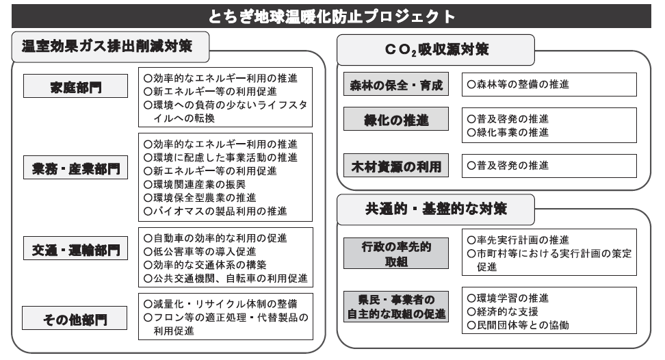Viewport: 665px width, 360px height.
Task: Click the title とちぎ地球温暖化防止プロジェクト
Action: click(x=332, y=16)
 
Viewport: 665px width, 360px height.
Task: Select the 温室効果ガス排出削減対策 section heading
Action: click(x=107, y=46)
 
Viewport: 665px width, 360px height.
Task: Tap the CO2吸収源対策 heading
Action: click(x=436, y=49)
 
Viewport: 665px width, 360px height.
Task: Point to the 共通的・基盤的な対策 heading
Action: click(x=436, y=209)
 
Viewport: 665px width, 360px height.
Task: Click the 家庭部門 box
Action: click(x=75, y=86)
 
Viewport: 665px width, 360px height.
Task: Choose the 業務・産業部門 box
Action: click(x=75, y=168)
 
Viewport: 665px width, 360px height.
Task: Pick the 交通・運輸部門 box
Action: click(x=75, y=248)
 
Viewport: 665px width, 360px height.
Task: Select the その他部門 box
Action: click(x=75, y=318)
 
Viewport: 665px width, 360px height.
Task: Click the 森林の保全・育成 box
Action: click(x=396, y=84)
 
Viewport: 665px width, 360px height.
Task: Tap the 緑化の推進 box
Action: click(x=396, y=118)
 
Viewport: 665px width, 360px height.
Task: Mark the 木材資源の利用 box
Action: click(x=396, y=166)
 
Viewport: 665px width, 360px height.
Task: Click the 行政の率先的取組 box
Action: click(x=396, y=253)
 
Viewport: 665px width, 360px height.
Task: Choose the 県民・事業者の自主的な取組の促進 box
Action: click(x=396, y=307)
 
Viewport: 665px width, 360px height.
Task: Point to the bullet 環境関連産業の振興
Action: click(x=195, y=185)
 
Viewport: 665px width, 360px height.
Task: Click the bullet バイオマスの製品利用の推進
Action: click(x=216, y=211)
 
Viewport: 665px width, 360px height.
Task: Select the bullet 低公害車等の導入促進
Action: click(x=200, y=251)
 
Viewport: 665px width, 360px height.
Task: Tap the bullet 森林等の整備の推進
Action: click(x=518, y=84)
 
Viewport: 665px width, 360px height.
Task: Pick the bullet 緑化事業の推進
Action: click(x=508, y=132)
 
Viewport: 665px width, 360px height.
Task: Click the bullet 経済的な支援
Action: click(x=503, y=311)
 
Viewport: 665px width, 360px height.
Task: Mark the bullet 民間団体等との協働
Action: click(x=518, y=325)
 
